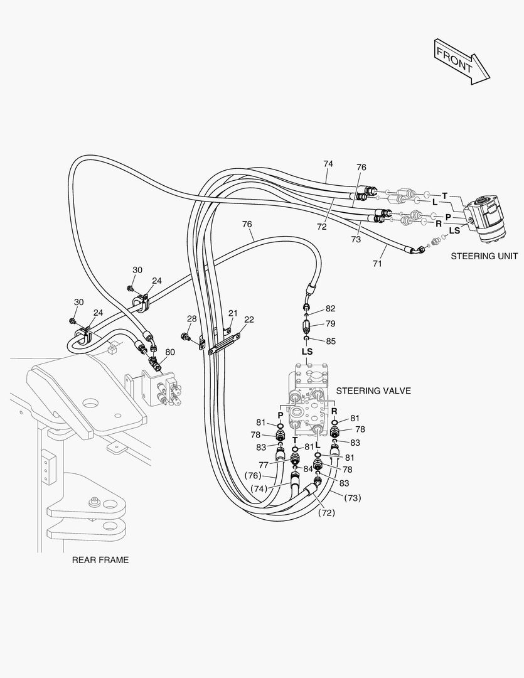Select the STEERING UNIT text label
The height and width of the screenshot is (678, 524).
click(484, 256)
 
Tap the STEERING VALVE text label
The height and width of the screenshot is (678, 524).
click(373, 390)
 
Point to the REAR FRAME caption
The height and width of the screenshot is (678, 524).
click(100, 560)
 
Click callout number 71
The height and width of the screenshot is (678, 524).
click(377, 264)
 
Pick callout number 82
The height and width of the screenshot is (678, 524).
click(330, 308)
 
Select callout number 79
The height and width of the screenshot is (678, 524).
click(330, 324)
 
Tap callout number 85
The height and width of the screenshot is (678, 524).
click(330, 342)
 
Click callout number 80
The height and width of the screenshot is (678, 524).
click(170, 352)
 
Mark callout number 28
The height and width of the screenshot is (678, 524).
click(191, 318)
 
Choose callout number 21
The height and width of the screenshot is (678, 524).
click(233, 313)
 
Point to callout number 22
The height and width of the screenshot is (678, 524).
click(249, 320)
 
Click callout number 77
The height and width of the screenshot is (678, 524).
click(264, 465)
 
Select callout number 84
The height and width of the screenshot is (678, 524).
click(308, 469)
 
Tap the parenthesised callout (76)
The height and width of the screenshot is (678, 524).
click(254, 475)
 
